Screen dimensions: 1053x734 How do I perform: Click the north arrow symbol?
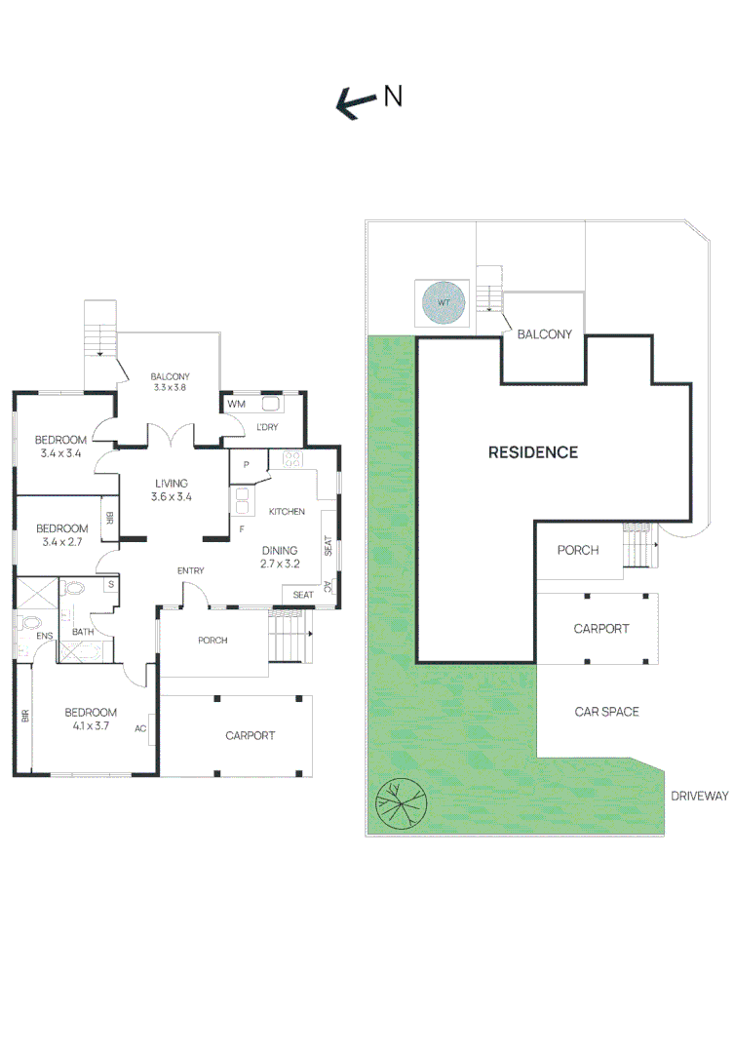click(x=356, y=101)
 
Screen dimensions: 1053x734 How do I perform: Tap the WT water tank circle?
click(x=444, y=304)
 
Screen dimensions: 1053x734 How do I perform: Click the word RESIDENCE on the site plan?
click(x=532, y=452)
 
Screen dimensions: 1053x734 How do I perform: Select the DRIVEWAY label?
click(x=699, y=797)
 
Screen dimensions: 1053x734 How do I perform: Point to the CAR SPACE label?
click(x=606, y=712)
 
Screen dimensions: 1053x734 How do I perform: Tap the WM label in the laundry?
click(x=236, y=405)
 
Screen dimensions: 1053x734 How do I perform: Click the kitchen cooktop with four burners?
click(x=290, y=460)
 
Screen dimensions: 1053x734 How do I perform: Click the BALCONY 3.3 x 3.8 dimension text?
click(x=170, y=388)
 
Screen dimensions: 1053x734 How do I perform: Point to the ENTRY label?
click(x=190, y=570)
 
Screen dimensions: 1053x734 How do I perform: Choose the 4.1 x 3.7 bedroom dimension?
click(x=92, y=726)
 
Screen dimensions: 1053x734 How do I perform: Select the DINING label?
click(x=279, y=549)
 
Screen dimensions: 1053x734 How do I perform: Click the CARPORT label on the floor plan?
click(x=250, y=736)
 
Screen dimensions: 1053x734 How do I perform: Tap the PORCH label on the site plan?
click(x=577, y=551)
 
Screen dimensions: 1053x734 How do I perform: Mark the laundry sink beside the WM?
click(x=270, y=404)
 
